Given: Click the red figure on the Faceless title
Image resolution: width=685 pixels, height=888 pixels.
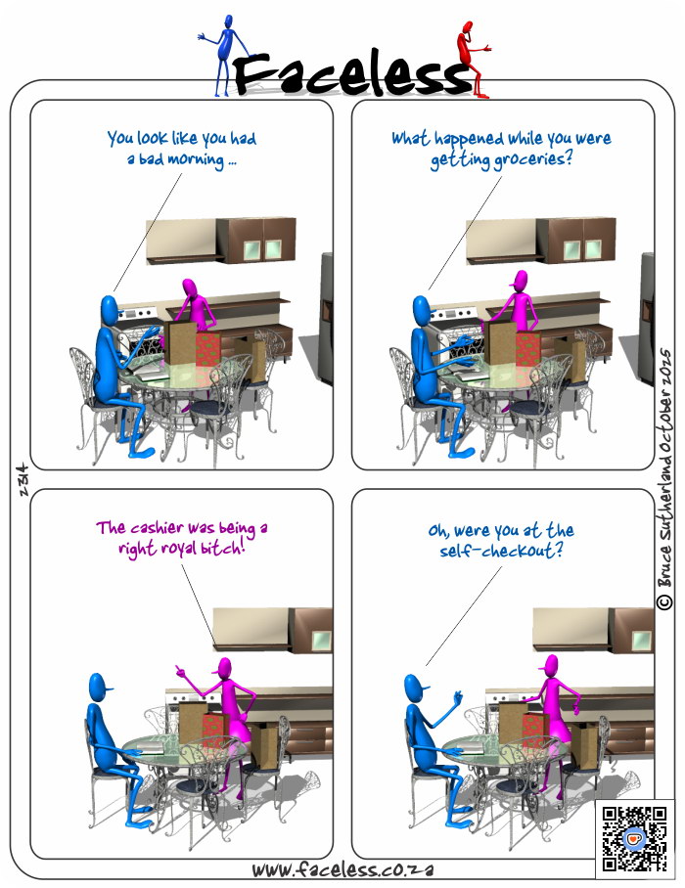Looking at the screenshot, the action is coord(472,59).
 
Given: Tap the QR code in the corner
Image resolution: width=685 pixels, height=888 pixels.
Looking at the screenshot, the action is coord(634,839).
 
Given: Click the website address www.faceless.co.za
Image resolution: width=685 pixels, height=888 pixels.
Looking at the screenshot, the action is coord(342,869).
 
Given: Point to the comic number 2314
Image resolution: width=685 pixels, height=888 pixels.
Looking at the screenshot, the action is coord(23,480).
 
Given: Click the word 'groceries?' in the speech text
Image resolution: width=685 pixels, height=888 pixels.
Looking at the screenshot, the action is coord(532,159).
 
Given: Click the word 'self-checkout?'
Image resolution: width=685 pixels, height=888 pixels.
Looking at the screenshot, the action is coord(501,551).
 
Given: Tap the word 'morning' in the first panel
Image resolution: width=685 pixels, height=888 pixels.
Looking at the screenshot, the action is coord(196,159).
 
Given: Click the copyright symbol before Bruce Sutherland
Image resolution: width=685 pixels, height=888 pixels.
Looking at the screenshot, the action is coord(664,601).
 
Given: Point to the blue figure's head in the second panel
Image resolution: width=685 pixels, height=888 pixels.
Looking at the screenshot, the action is coord(422,311).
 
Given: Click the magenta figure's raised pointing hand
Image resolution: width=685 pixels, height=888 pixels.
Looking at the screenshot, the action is coord(181,672).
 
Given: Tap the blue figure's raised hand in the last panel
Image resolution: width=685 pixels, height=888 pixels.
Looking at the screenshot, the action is coord(458,697).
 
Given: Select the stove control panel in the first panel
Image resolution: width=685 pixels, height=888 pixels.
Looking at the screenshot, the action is coord(136,314).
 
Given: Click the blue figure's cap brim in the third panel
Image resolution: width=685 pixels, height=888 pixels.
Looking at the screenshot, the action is coord(109,688).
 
